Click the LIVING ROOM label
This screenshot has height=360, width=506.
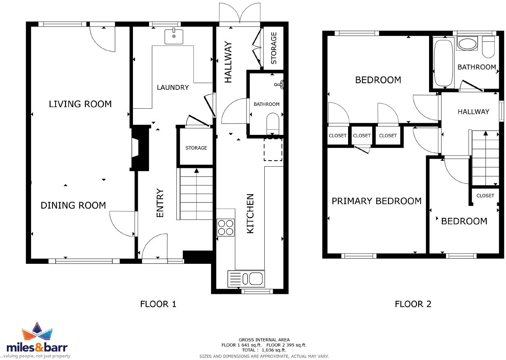point(80,104)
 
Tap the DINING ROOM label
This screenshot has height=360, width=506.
point(73,205)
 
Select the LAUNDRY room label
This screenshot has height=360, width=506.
point(173,87)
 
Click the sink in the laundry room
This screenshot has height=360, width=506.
point(174,36)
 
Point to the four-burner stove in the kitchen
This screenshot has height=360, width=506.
point(226,227)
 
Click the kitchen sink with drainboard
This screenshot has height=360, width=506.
point(246,278)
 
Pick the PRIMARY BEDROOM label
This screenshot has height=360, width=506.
point(376,201)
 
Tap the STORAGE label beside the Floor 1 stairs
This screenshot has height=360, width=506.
point(196,148)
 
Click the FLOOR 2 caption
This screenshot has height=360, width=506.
point(413,304)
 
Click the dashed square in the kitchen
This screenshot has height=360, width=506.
point(273,149)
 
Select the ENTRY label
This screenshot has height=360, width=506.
point(160,203)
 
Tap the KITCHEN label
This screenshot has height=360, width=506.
point(250,213)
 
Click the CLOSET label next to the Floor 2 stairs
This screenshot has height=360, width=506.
point(485,196)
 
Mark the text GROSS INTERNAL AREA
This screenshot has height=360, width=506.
point(264,340)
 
